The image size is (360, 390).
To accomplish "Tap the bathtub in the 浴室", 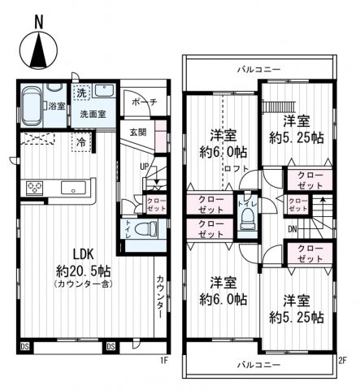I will click(33, 103).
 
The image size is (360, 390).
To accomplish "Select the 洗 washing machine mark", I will click(81, 92).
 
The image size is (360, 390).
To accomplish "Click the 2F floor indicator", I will click(342, 359).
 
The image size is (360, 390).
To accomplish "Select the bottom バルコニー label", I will click(259, 362).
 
